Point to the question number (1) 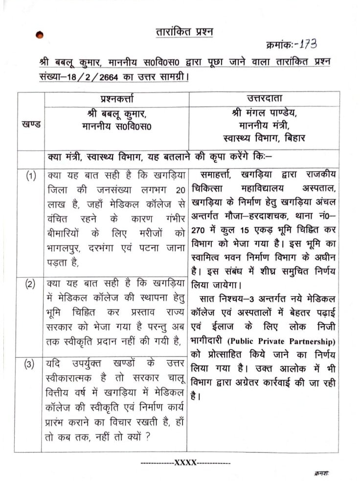tap(31, 176)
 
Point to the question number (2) tap(31, 284)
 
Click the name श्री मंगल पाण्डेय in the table tap(264, 113)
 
